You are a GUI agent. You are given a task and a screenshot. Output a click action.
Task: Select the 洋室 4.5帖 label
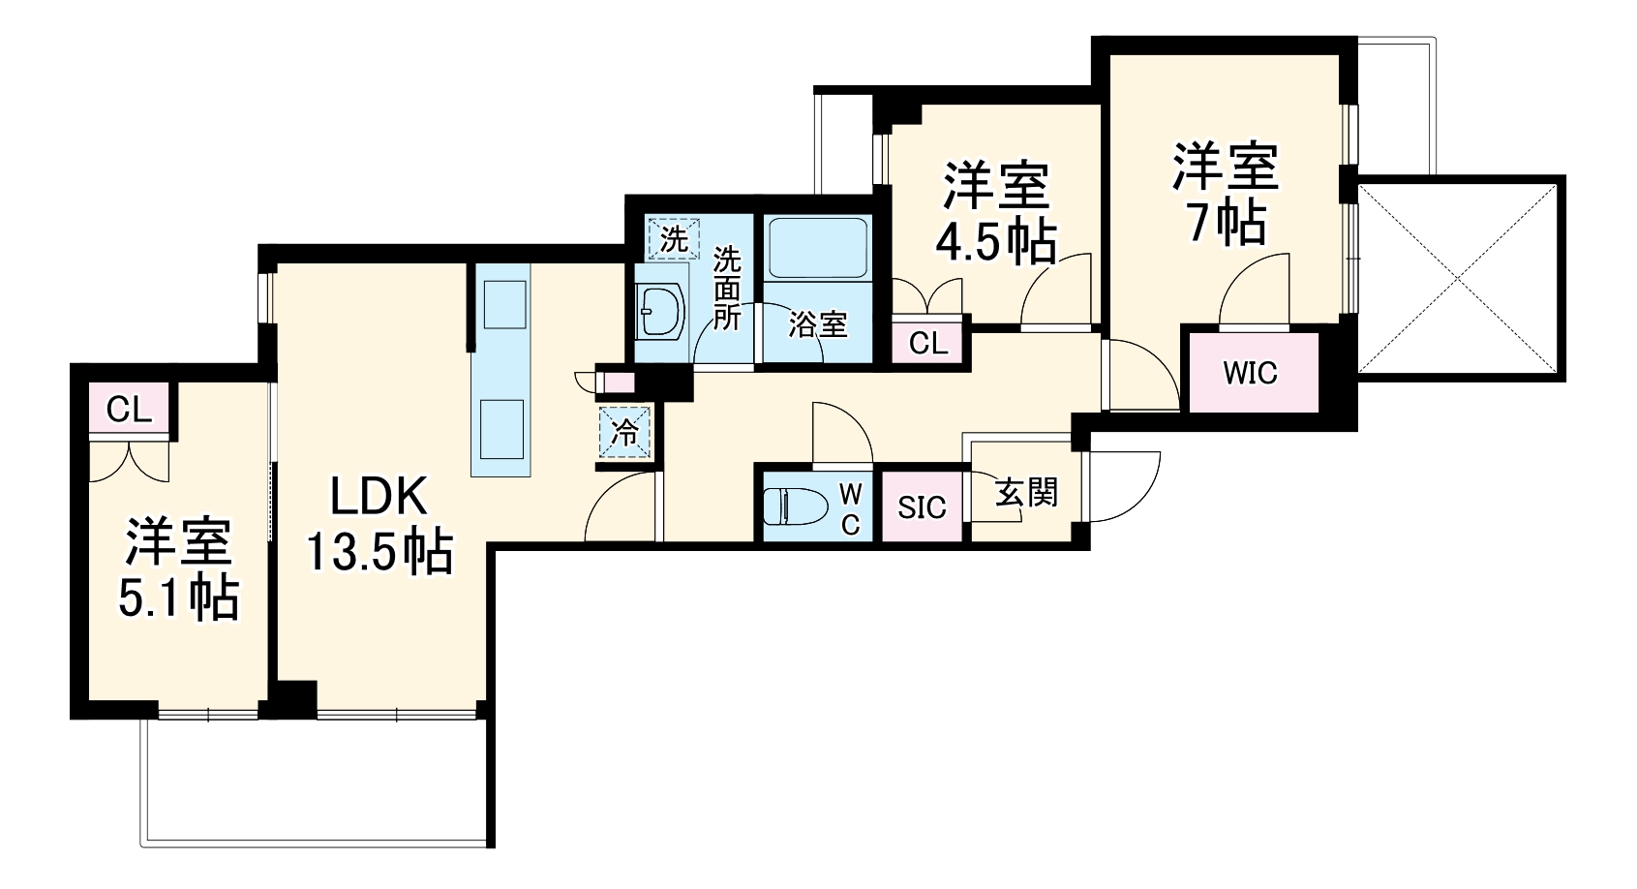pos(996,215)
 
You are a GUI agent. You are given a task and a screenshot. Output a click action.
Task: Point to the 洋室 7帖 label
pos(1226,194)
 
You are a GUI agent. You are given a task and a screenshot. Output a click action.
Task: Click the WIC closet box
pos(1251,373)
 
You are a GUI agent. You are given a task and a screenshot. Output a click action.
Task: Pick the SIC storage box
pos(922,506)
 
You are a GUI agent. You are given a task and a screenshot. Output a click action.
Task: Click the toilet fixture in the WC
pos(796,506)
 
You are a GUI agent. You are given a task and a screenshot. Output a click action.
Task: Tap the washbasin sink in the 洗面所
pos(662,311)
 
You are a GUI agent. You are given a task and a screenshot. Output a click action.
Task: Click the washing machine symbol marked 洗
pos(673,237)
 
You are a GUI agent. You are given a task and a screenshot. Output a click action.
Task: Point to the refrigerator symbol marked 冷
pos(625,432)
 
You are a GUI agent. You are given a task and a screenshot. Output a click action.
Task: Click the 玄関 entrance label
pos(1026,493)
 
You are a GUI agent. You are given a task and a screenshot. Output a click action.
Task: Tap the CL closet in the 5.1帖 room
pos(130,410)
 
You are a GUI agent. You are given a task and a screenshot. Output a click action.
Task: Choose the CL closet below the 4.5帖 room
pos(929,343)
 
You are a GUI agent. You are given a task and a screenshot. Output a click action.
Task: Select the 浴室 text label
pos(818,324)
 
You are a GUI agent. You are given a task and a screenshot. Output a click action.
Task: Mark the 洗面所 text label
pos(727,289)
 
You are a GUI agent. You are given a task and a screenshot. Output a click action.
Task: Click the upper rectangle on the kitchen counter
pos(502,305)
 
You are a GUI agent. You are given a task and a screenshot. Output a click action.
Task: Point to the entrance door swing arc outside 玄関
pos(1123,484)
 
